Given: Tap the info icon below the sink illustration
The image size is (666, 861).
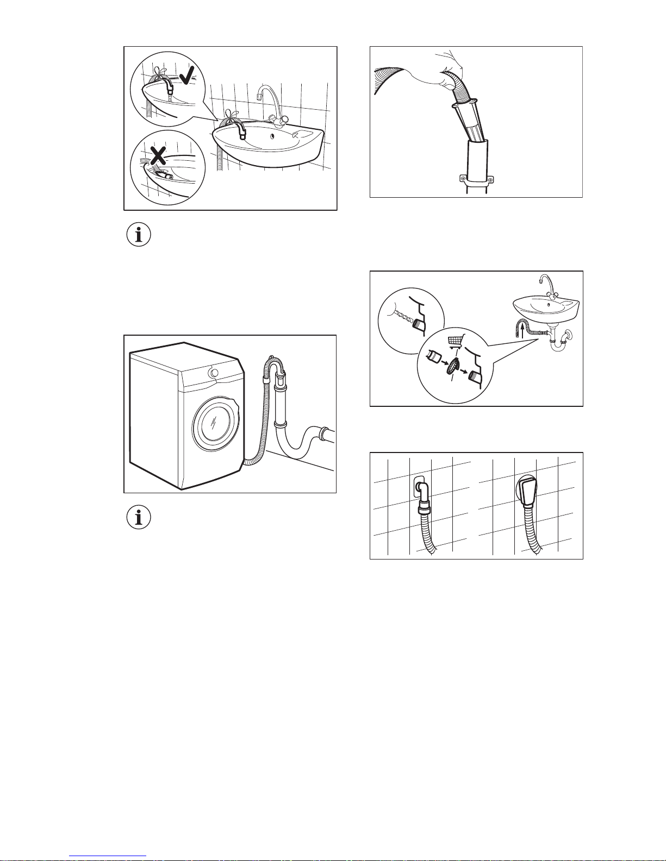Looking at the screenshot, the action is click(x=139, y=235).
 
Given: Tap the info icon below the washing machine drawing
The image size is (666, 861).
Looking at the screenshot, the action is click(x=139, y=518).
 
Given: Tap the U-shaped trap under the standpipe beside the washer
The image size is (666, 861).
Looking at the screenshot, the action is click(x=294, y=440).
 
